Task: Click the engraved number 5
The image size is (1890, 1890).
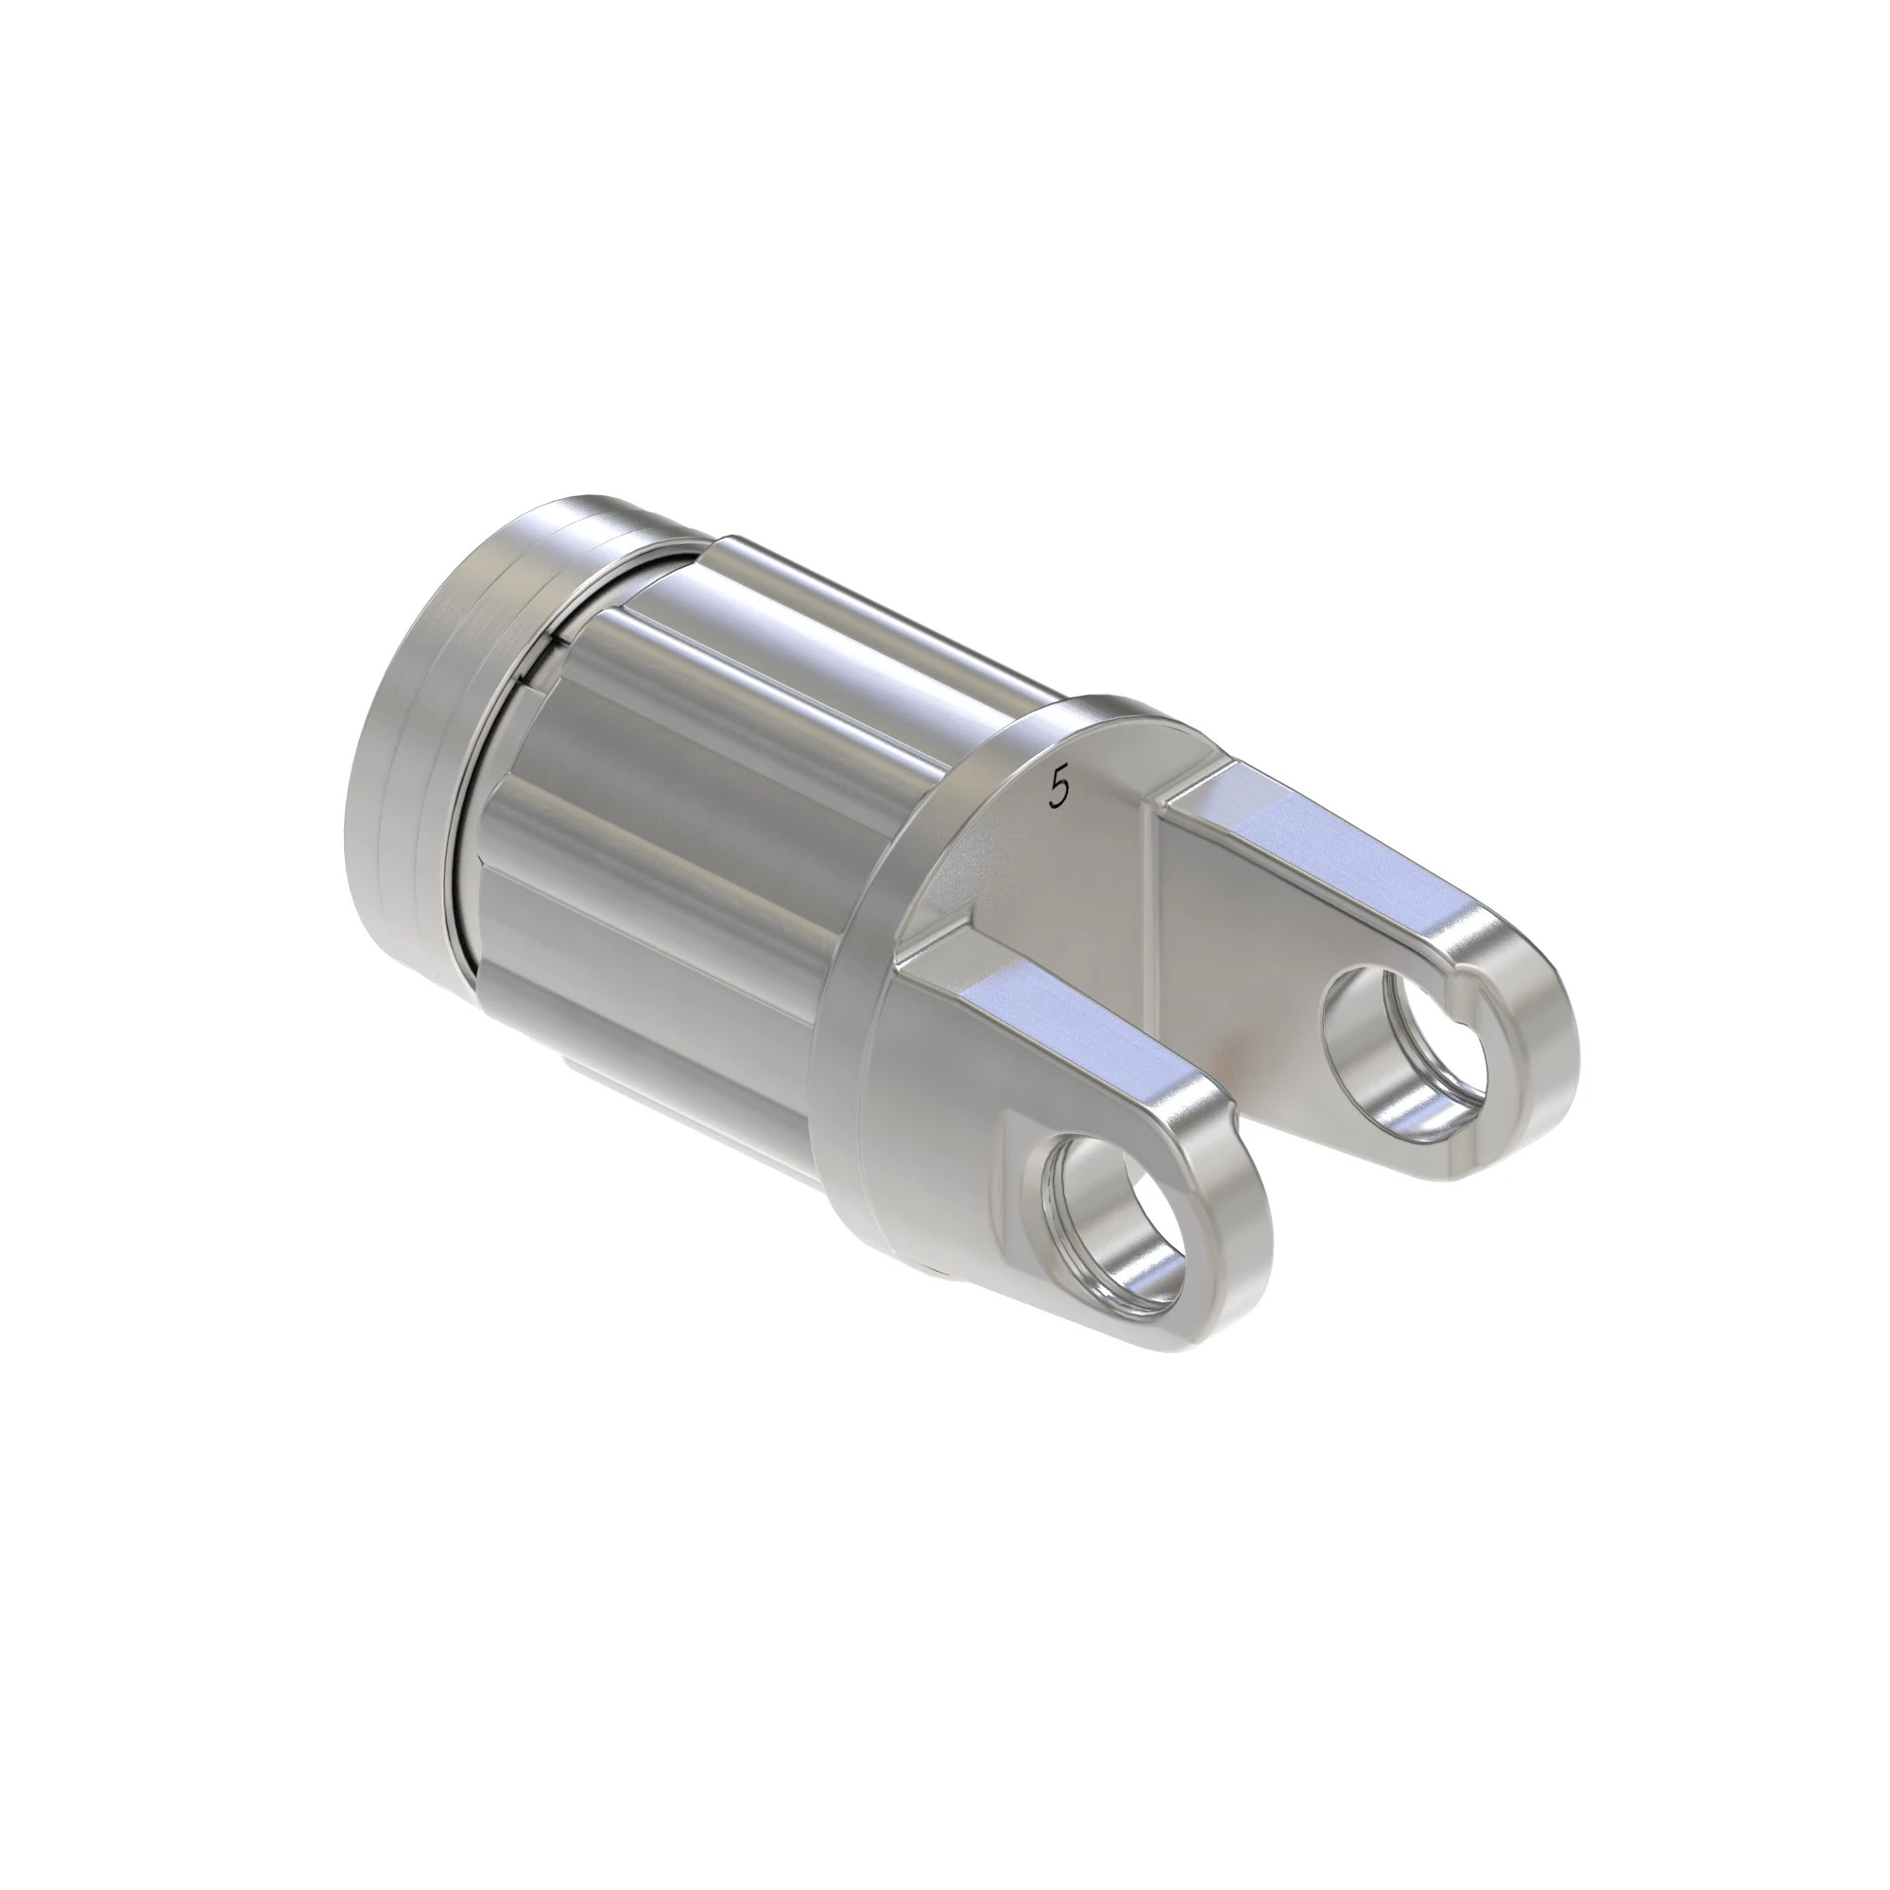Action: [x=1057, y=787]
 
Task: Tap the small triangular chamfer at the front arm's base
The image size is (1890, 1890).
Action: [x=939, y=939]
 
